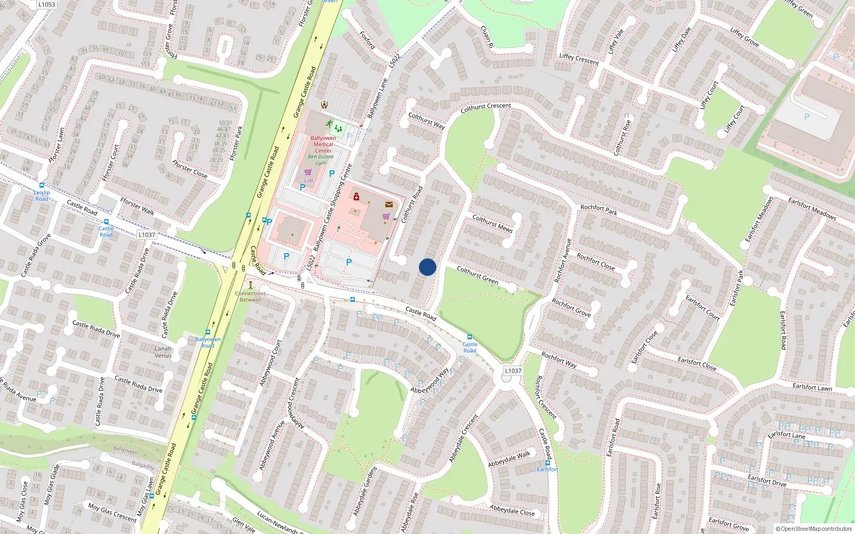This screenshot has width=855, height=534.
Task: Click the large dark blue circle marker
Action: (x=428, y=267)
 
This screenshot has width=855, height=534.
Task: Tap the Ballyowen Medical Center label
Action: (x=323, y=144)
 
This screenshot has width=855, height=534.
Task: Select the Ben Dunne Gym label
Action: (x=321, y=160)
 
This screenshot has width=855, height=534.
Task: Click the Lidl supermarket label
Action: (x=308, y=180)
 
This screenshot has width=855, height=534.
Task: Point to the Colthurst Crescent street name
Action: (x=486, y=107)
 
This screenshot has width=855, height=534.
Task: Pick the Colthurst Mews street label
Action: (x=492, y=223)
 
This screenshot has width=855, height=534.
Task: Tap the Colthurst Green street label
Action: (x=477, y=275)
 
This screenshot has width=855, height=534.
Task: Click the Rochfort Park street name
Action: (x=598, y=210)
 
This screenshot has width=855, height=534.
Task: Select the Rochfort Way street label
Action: (x=559, y=359)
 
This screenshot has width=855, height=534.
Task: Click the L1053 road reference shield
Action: (x=46, y=4)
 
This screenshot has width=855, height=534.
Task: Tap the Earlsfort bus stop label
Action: (x=547, y=469)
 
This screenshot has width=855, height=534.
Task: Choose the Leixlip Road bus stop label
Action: (x=42, y=195)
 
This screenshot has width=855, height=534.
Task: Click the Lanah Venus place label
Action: (x=163, y=352)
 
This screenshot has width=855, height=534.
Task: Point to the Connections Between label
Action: (x=250, y=296)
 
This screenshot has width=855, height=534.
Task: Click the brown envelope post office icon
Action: (x=388, y=205)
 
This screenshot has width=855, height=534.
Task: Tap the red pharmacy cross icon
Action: (x=356, y=197)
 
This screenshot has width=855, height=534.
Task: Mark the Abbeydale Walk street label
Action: (x=509, y=459)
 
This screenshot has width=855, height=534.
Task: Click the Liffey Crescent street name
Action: (x=579, y=59)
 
